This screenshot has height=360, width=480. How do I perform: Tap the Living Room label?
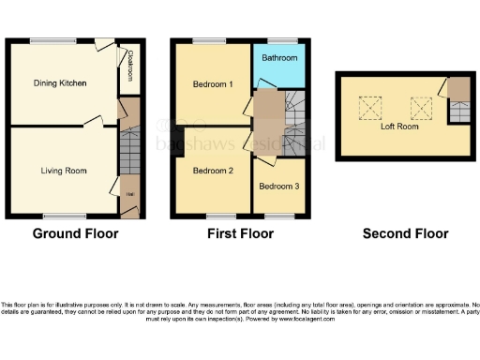(63, 170)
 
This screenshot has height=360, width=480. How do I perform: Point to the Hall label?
(127, 195)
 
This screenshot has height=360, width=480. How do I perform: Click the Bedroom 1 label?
(213, 84)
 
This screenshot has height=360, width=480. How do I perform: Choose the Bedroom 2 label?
(213, 171)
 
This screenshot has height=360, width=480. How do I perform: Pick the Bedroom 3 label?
(278, 187)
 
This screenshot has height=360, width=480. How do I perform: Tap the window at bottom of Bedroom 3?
(277, 216)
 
